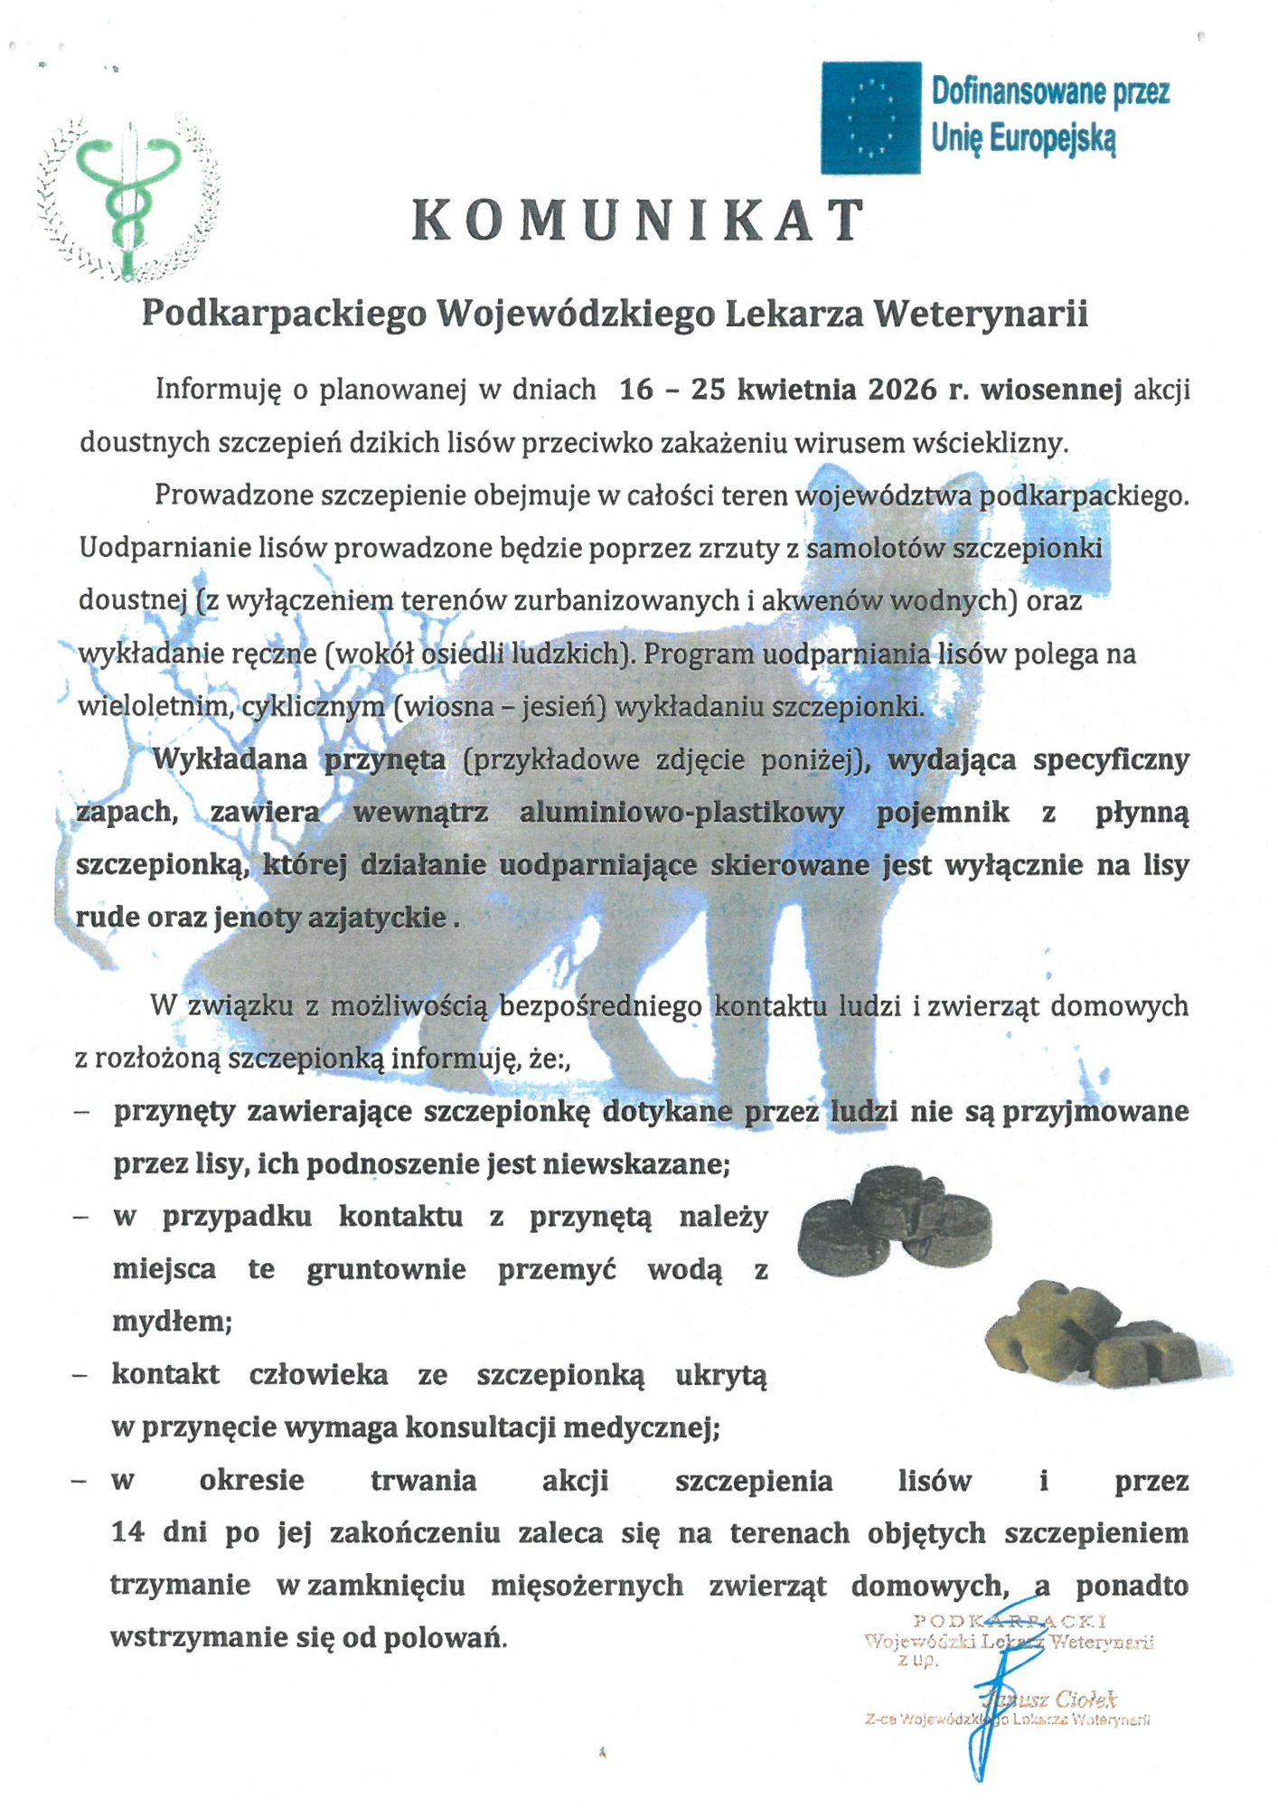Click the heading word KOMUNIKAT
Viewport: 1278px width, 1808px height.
pyautogui.click(x=638, y=221)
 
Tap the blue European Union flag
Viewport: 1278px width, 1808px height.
pyautogui.click(x=870, y=118)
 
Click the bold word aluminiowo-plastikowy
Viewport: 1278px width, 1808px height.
pyautogui.click(x=681, y=812)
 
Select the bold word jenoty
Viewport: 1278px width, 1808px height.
pyautogui.click(x=258, y=918)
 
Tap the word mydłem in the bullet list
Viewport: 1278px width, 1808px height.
pyautogui.click(x=172, y=1322)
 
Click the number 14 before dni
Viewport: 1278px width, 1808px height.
pyautogui.click(x=127, y=1533)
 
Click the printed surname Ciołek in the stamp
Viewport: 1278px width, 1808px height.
pyautogui.click(x=1085, y=1700)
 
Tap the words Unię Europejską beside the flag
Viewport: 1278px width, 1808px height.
pyautogui.click(x=1023, y=139)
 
